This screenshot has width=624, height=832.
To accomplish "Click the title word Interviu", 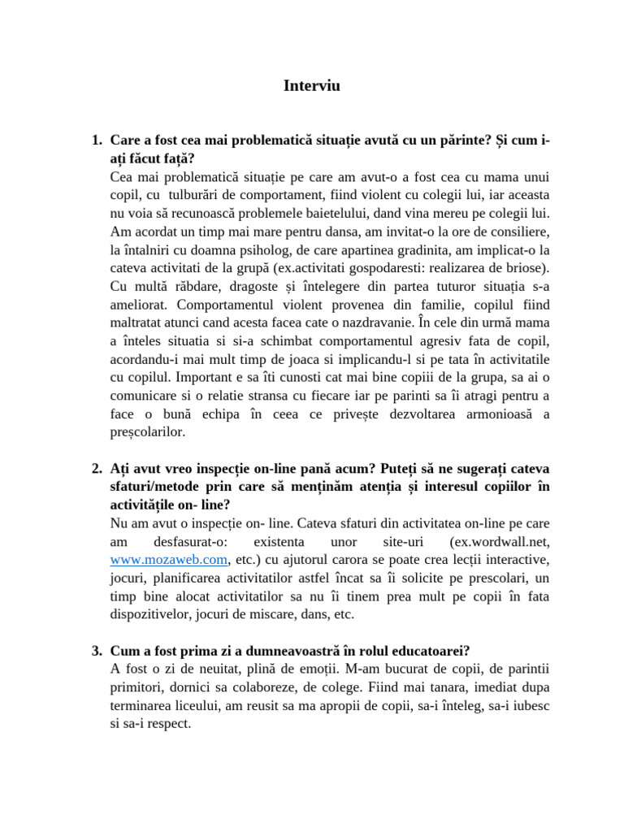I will point(312,85).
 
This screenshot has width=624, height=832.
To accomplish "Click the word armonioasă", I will point(485,414).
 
